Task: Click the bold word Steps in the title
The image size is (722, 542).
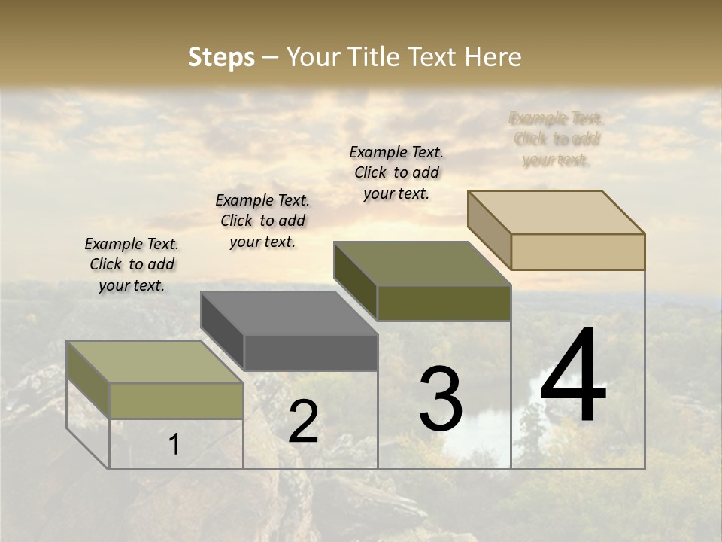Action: click(221, 57)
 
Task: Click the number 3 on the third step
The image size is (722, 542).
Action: click(441, 399)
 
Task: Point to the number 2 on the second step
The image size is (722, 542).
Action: click(303, 422)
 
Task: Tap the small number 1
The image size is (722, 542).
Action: click(174, 444)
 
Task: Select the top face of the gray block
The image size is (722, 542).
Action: click(290, 312)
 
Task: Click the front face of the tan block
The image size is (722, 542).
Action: click(578, 251)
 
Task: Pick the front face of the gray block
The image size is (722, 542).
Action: click(311, 352)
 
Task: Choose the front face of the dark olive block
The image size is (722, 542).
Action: click(444, 303)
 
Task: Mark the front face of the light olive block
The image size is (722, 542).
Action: click(176, 400)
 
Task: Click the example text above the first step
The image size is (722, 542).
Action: click(132, 264)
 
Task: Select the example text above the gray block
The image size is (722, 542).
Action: click(262, 221)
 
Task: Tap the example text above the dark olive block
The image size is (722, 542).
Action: click(396, 172)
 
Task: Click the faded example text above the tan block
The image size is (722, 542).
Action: click(557, 139)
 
